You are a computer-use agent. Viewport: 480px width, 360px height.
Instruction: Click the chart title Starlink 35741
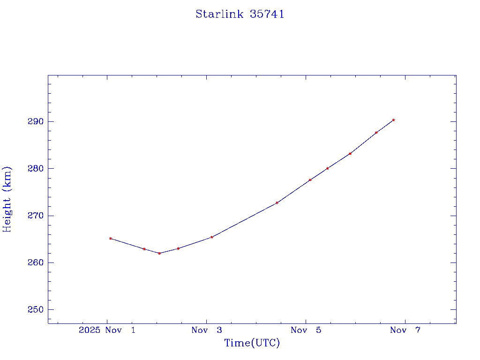[240, 15]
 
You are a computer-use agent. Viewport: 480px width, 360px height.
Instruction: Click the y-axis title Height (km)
[7, 199]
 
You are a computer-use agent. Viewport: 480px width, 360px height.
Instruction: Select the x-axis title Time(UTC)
[252, 343]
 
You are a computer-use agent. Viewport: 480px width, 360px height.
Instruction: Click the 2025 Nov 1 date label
[107, 330]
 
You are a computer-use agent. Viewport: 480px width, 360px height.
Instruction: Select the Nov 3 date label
[207, 330]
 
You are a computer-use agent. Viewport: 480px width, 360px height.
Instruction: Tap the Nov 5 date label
[306, 330]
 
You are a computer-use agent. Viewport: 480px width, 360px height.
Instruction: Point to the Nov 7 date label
[405, 330]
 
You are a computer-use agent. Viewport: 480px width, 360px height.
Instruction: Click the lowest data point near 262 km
[159, 253]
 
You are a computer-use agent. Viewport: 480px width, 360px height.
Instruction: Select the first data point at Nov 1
[111, 238]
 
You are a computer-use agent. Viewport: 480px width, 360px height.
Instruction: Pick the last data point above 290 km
[393, 120]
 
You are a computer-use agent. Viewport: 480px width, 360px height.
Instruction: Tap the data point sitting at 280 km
[327, 168]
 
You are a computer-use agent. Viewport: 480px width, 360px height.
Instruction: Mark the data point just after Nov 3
[212, 237]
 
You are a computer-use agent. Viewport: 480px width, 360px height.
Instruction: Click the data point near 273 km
[277, 202]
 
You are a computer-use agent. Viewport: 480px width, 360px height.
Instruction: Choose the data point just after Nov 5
[310, 180]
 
